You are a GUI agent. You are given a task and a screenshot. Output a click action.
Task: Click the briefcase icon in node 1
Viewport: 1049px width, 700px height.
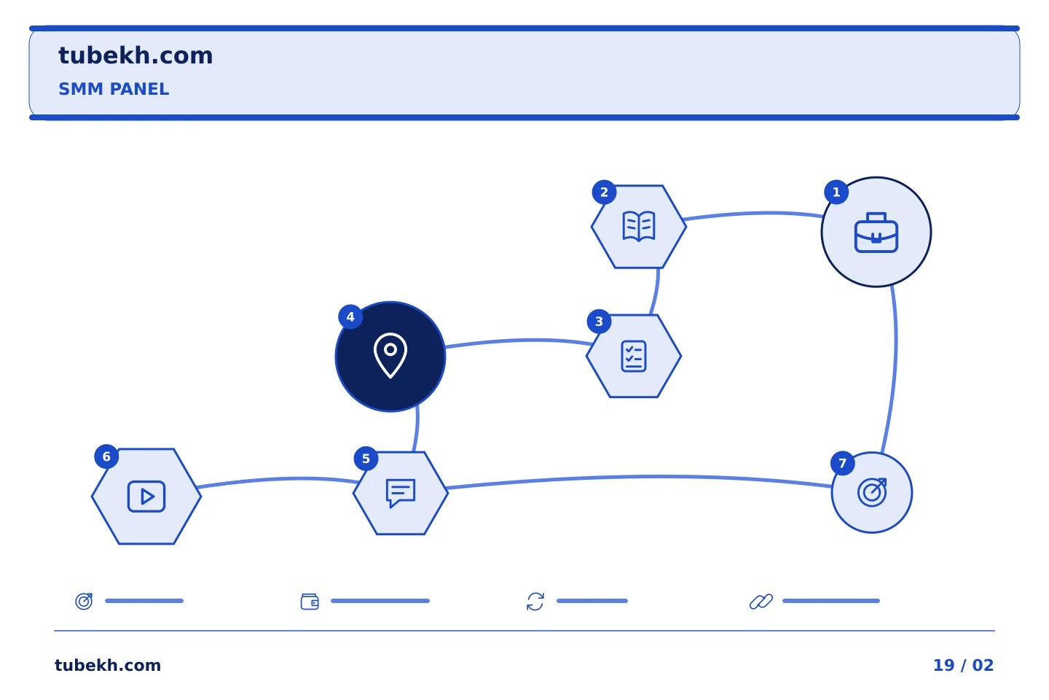tap(876, 233)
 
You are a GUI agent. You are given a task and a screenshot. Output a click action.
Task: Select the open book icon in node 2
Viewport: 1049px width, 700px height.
tap(638, 226)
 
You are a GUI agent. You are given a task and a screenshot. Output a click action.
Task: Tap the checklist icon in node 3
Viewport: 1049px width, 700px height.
tap(633, 357)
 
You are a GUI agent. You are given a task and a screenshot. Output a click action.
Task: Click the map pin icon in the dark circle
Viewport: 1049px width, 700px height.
tap(390, 355)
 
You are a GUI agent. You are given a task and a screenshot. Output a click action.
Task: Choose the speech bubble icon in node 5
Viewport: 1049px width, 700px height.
tap(401, 493)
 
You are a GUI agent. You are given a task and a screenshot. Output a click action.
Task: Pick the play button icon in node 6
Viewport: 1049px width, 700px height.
tap(146, 496)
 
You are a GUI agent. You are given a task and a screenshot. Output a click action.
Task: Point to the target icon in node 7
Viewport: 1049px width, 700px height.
tap(872, 492)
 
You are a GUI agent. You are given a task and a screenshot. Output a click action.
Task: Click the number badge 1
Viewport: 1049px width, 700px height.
tap(836, 192)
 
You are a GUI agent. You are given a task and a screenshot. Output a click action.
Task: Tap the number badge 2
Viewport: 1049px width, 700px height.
tap(604, 192)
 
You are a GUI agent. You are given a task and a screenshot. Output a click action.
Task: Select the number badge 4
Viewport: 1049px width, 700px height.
tap(350, 317)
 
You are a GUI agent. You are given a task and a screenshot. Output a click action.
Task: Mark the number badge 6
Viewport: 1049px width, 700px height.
tap(106, 456)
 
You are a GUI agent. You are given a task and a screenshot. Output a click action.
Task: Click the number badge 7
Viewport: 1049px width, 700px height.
tap(842, 463)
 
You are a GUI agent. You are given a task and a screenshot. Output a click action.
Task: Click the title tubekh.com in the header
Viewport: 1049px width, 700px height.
tap(135, 55)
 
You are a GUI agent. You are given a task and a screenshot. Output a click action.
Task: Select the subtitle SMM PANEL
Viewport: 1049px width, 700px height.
tap(114, 89)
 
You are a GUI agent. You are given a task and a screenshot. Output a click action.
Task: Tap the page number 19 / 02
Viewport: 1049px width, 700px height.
tap(963, 665)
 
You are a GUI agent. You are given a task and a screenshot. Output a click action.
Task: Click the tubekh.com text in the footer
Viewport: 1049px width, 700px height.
tap(108, 665)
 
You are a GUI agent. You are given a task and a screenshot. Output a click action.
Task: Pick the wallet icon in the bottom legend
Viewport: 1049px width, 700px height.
tap(310, 602)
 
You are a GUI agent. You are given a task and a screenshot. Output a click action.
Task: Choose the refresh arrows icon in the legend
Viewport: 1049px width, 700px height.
tap(535, 602)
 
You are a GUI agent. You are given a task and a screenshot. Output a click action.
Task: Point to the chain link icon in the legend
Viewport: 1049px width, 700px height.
tap(761, 602)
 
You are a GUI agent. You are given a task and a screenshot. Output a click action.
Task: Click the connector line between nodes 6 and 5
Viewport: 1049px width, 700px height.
tap(278, 479)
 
